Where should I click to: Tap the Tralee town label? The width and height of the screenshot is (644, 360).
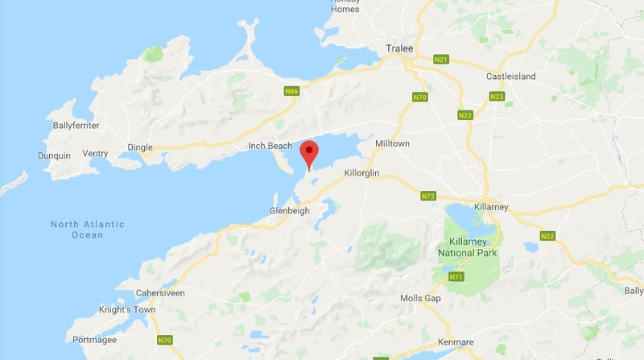click(x=400, y=48)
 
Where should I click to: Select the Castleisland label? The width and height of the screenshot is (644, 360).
click(x=510, y=77)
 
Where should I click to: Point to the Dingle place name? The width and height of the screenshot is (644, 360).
click(x=139, y=147)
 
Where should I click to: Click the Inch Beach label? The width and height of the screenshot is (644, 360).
click(x=270, y=146)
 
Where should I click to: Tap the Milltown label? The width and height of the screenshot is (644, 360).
click(x=392, y=143)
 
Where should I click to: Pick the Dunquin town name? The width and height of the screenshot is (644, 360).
click(x=54, y=155)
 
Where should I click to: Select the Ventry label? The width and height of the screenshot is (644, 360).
click(x=95, y=154)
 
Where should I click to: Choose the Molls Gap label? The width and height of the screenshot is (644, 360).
click(x=421, y=299)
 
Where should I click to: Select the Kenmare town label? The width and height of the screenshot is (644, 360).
click(x=456, y=342)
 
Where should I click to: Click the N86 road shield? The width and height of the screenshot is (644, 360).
click(x=291, y=92)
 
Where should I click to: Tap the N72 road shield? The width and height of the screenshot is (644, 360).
click(x=428, y=196)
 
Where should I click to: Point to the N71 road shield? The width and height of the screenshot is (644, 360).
click(x=456, y=277)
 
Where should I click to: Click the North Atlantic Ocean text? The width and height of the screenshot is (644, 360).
click(x=88, y=230)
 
